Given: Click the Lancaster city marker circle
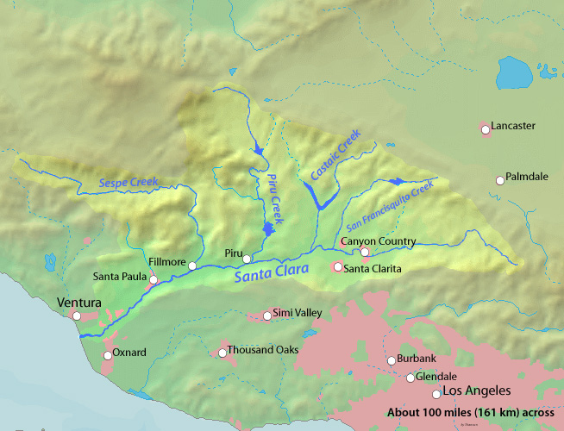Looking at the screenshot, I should pos(486,129).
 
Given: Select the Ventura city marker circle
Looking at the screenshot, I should pos(77,316).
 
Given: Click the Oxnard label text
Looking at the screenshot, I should pos(129,353).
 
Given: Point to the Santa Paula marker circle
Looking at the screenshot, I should pos(154,279).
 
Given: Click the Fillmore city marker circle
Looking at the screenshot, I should pos(192,265).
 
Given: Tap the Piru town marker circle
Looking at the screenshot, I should pos(247,259).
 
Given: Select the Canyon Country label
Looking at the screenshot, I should pos(379,241).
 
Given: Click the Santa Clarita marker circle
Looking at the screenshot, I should pos(338,267).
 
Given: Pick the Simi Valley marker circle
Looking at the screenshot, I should pos(267,315).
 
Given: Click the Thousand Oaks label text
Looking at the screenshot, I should pos(263,350).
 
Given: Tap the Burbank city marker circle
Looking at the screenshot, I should pos(391,360).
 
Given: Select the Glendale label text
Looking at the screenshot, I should pos(436,377).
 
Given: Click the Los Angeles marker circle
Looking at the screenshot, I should pos(437,394).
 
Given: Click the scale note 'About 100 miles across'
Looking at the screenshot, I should pos(471,412).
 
